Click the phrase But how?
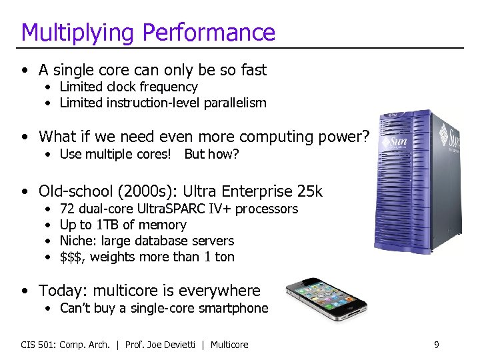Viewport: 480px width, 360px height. (211, 154)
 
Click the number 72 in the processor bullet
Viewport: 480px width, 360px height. (67, 209)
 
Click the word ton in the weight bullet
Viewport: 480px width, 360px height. (224, 257)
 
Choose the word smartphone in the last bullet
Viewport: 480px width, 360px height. (239, 308)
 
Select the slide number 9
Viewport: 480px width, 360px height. (436, 345)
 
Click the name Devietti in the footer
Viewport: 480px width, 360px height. (181, 345)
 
